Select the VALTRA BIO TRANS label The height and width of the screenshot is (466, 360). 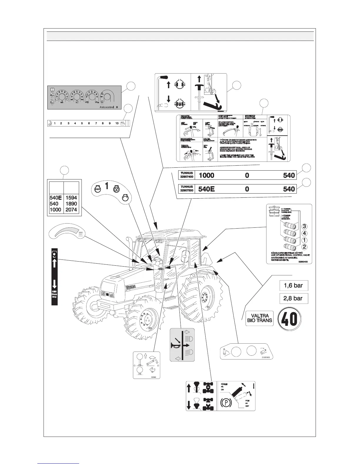[x=259, y=318]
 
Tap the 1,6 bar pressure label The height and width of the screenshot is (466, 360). [x=293, y=285]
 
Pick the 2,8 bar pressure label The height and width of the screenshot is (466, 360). [x=293, y=298]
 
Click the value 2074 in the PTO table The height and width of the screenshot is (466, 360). [x=71, y=210]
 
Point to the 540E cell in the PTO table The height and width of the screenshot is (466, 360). [x=56, y=198]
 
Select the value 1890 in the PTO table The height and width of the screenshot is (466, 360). [x=71, y=204]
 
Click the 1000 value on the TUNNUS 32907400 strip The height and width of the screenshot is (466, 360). [x=206, y=176]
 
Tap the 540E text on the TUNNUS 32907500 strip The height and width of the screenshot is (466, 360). [x=206, y=189]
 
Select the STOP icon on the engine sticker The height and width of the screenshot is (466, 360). [x=98, y=189]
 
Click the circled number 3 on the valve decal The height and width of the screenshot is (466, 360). [x=305, y=227]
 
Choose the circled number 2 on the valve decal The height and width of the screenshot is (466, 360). [x=305, y=247]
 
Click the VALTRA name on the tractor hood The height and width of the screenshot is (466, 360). [x=130, y=287]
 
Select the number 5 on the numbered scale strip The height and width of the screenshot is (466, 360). [x=82, y=123]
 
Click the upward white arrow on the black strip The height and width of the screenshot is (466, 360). [x=54, y=263]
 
